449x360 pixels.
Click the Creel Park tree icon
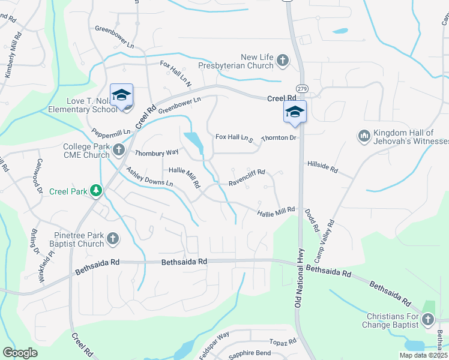(x=95, y=191)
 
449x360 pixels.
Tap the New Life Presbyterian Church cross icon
(x=283, y=60)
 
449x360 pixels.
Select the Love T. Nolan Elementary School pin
(x=122, y=96)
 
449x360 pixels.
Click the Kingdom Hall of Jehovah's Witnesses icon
(x=363, y=136)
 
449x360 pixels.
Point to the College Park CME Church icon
(x=119, y=149)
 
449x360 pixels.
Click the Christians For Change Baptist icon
(x=428, y=320)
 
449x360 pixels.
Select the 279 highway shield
(x=302, y=89)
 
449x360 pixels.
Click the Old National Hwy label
(x=298, y=276)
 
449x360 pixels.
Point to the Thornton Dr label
(x=279, y=138)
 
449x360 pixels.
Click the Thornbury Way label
(x=156, y=152)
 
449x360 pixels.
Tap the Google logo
(x=20, y=353)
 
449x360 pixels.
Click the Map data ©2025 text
(x=423, y=355)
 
